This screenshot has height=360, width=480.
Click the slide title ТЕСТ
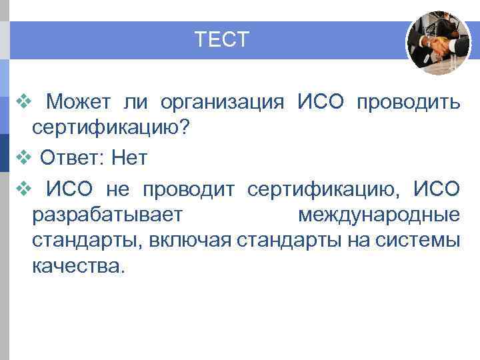222,40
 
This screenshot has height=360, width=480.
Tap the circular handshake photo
438,43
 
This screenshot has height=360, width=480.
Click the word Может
80,103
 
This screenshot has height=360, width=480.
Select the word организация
222,103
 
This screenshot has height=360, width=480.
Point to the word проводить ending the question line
408,103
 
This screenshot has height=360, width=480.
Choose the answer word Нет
129,158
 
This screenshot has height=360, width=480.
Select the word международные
378,215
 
